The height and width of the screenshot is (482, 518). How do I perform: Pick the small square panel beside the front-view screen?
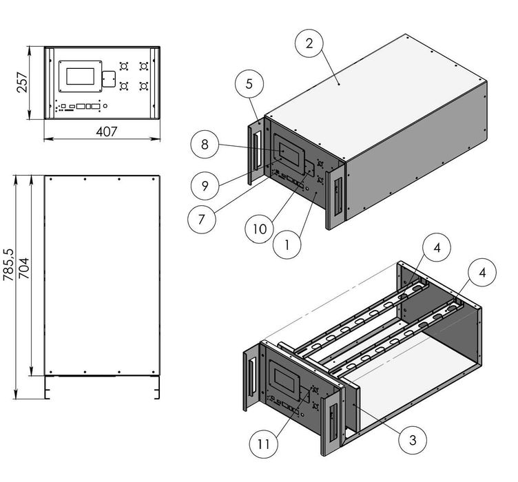pyautogui.click(x=107, y=79)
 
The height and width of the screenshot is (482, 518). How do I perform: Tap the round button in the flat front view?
pyautogui.click(x=105, y=105)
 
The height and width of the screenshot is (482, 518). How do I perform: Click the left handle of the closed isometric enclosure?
pyautogui.click(x=256, y=149)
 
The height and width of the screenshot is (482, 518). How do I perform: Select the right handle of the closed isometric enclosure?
pyautogui.click(x=336, y=197)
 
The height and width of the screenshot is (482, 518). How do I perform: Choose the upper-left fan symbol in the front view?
pyautogui.click(x=125, y=67)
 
